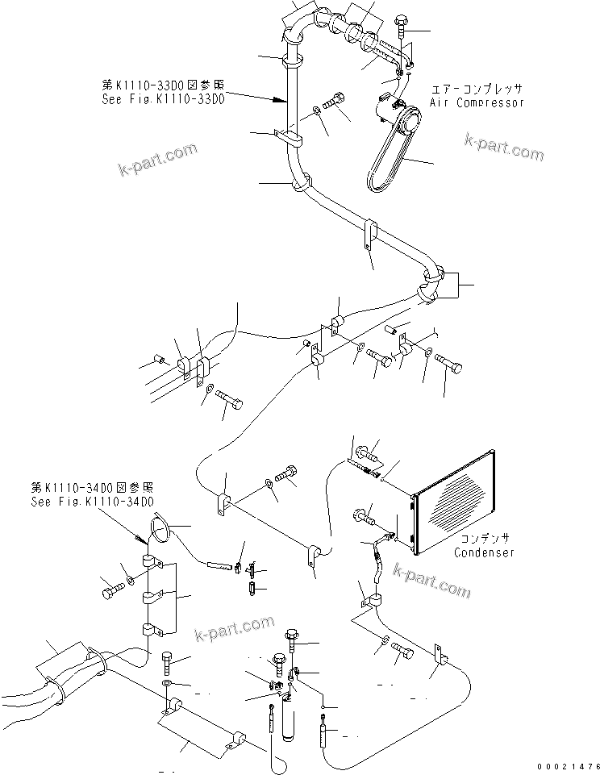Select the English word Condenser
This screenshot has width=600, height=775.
point(483,552)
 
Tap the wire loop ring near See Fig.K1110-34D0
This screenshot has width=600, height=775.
point(160,529)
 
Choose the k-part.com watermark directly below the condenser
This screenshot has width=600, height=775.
point(431,582)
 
